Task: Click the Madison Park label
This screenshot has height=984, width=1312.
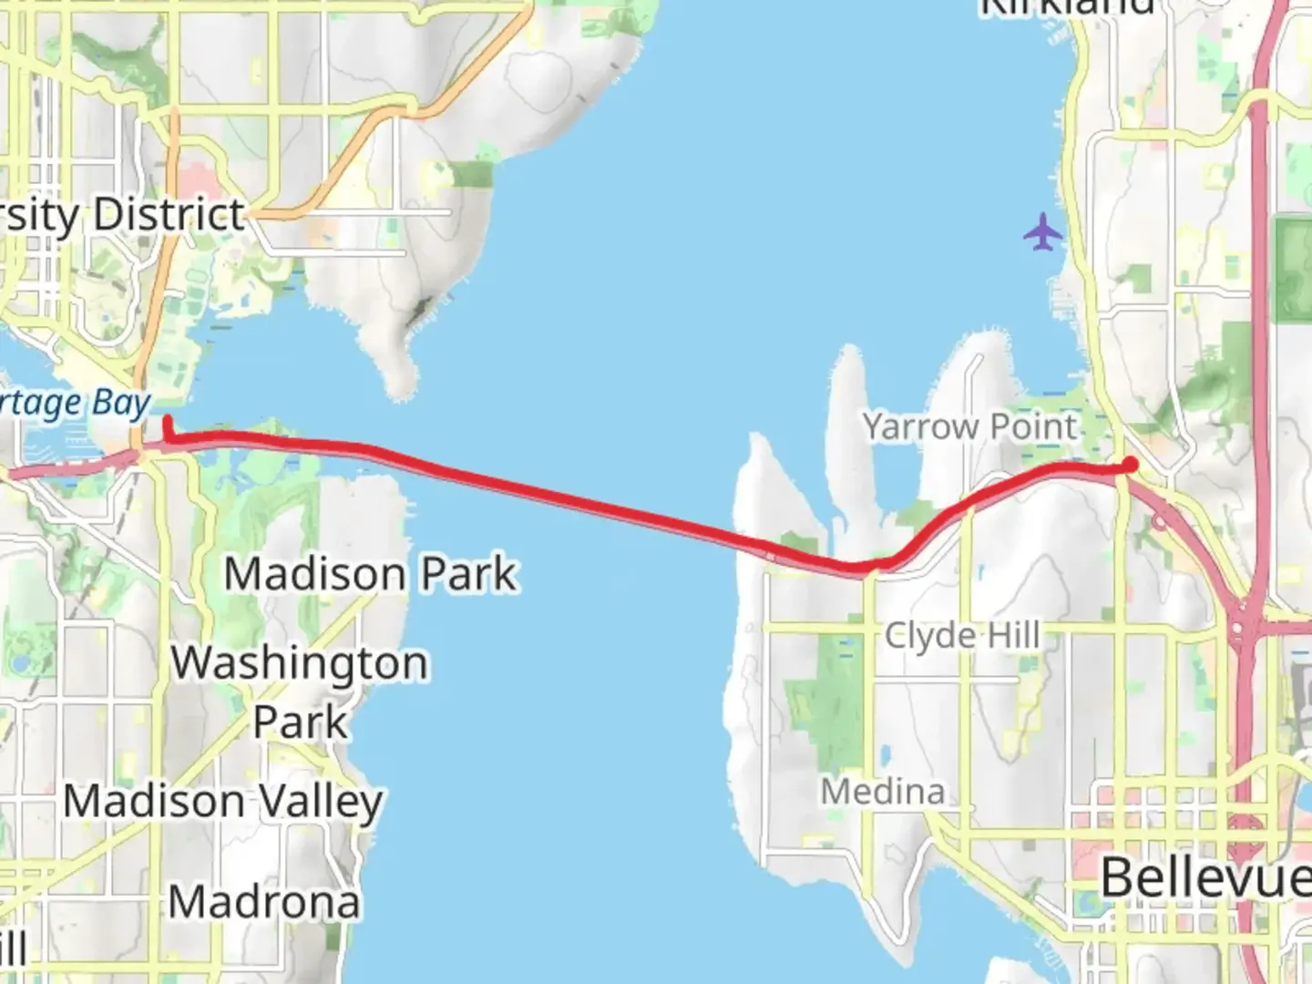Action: (x=371, y=574)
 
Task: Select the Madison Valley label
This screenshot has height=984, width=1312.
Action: (x=223, y=802)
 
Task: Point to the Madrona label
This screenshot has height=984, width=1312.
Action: (x=264, y=902)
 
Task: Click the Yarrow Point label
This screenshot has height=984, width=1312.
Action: (x=969, y=426)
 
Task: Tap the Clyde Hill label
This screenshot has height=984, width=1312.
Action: (x=962, y=635)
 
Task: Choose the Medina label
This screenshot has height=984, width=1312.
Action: (x=882, y=791)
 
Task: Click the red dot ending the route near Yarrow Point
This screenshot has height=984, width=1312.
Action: (x=1131, y=465)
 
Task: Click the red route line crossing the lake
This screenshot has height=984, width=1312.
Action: (x=565, y=497)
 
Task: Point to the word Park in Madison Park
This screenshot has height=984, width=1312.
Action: (x=468, y=574)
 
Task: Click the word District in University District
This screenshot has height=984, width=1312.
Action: (x=169, y=215)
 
